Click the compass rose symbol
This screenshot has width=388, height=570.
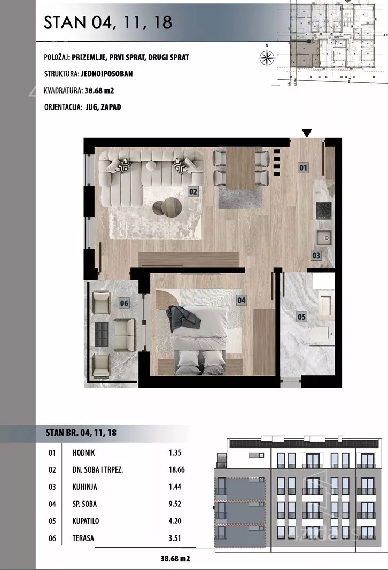(x=267, y=57)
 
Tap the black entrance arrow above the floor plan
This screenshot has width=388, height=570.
(x=307, y=133)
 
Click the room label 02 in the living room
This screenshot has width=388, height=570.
(x=193, y=191)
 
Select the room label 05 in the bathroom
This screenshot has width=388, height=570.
(x=301, y=317)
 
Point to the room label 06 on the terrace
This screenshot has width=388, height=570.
(x=124, y=303)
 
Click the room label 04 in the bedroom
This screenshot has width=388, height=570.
(x=241, y=301)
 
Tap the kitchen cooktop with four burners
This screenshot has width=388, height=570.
(x=324, y=210)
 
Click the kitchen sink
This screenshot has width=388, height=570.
(x=324, y=238)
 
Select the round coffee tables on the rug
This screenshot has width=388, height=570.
(x=167, y=207)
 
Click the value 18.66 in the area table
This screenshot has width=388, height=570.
(x=176, y=469)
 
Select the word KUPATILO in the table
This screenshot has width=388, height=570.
(x=86, y=521)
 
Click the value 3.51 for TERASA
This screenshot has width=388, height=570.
(x=175, y=538)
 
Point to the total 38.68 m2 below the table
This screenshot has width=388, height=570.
(x=175, y=558)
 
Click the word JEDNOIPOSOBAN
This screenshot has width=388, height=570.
(x=107, y=74)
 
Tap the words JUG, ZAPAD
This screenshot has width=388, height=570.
(x=103, y=107)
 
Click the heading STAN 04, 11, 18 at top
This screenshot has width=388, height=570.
(x=108, y=22)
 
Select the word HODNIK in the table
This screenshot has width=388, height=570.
(x=83, y=452)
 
